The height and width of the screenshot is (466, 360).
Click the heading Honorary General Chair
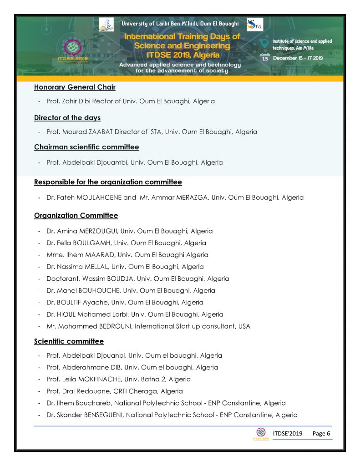75,87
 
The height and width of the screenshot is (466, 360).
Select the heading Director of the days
67,118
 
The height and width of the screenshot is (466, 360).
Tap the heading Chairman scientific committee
86,147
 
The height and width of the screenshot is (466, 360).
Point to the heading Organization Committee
76,215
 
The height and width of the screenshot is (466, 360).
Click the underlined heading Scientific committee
69,341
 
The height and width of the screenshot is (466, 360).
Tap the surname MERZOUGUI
98,231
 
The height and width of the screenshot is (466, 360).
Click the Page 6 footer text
321,434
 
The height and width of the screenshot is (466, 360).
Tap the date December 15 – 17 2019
298,58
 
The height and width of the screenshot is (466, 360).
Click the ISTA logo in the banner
254,25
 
